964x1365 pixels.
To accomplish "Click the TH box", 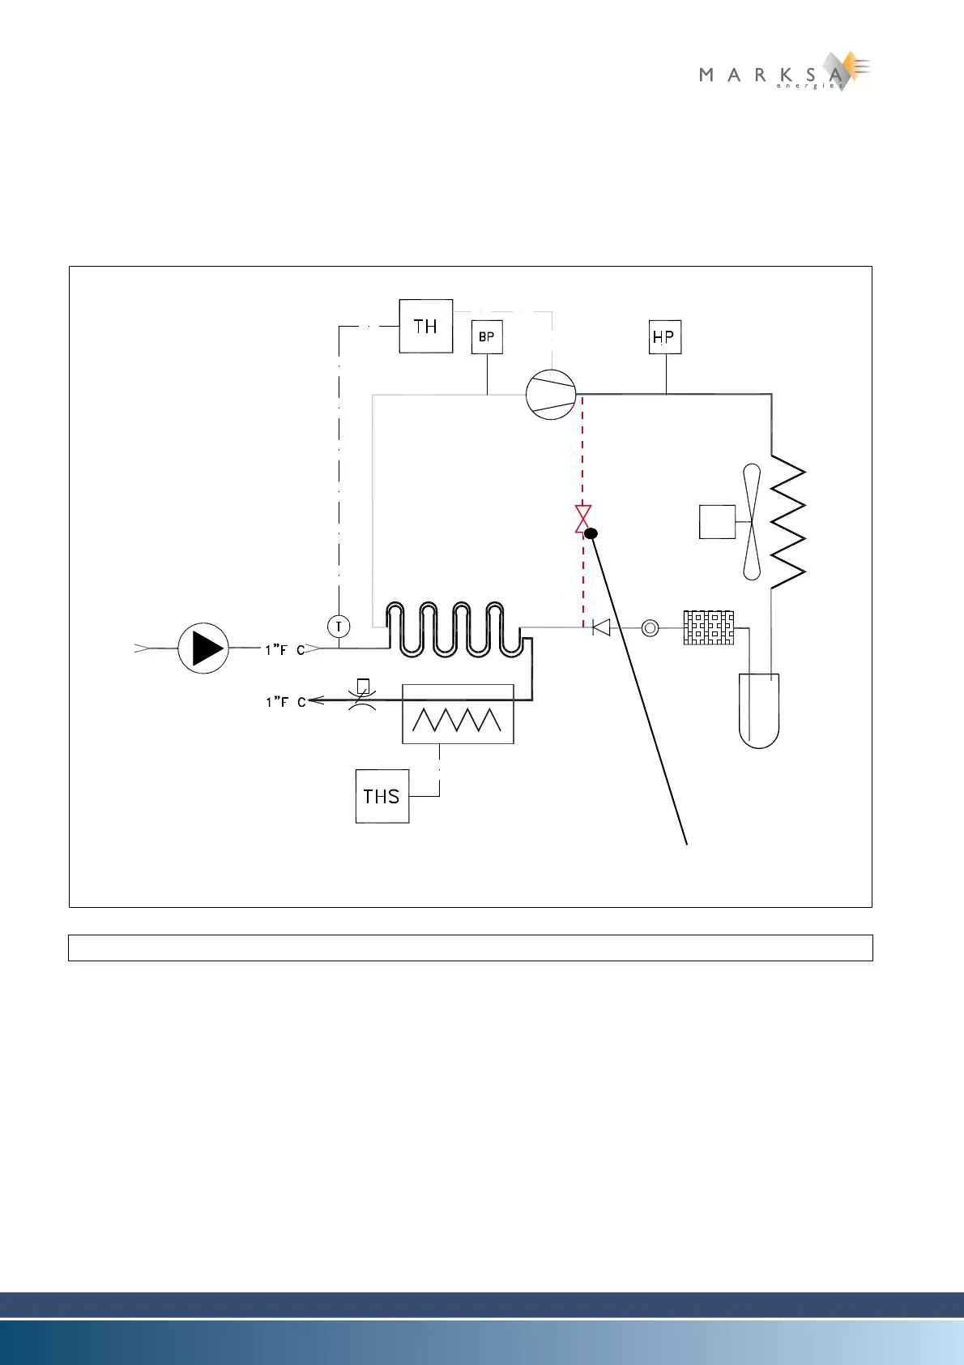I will pyautogui.click(x=425, y=326).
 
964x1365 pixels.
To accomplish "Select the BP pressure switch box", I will pyautogui.click(x=487, y=336).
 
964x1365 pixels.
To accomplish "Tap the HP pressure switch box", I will pyautogui.click(x=665, y=337).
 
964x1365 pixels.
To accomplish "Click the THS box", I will pyautogui.click(x=382, y=796).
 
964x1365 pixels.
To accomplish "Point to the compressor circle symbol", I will pyautogui.click(x=551, y=394).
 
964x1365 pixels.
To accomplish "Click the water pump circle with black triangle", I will pyautogui.click(x=203, y=648).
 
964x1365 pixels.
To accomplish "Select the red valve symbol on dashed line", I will pyautogui.click(x=582, y=518).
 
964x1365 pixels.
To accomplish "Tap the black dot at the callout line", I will pyautogui.click(x=591, y=533).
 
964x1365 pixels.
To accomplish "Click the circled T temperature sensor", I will pyautogui.click(x=339, y=626).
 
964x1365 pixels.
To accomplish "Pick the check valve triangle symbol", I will pyautogui.click(x=601, y=627).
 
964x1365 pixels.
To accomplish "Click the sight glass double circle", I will pyautogui.click(x=650, y=627).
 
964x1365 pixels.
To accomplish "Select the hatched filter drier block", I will pyautogui.click(x=709, y=627).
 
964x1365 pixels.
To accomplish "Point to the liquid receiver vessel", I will pyautogui.click(x=759, y=710).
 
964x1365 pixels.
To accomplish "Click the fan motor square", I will pyautogui.click(x=717, y=521).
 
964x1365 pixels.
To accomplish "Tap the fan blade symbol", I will pyautogui.click(x=752, y=521).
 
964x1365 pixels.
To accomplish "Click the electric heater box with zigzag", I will pyautogui.click(x=458, y=714).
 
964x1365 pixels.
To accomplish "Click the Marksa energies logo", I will pyautogui.click(x=783, y=73).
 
